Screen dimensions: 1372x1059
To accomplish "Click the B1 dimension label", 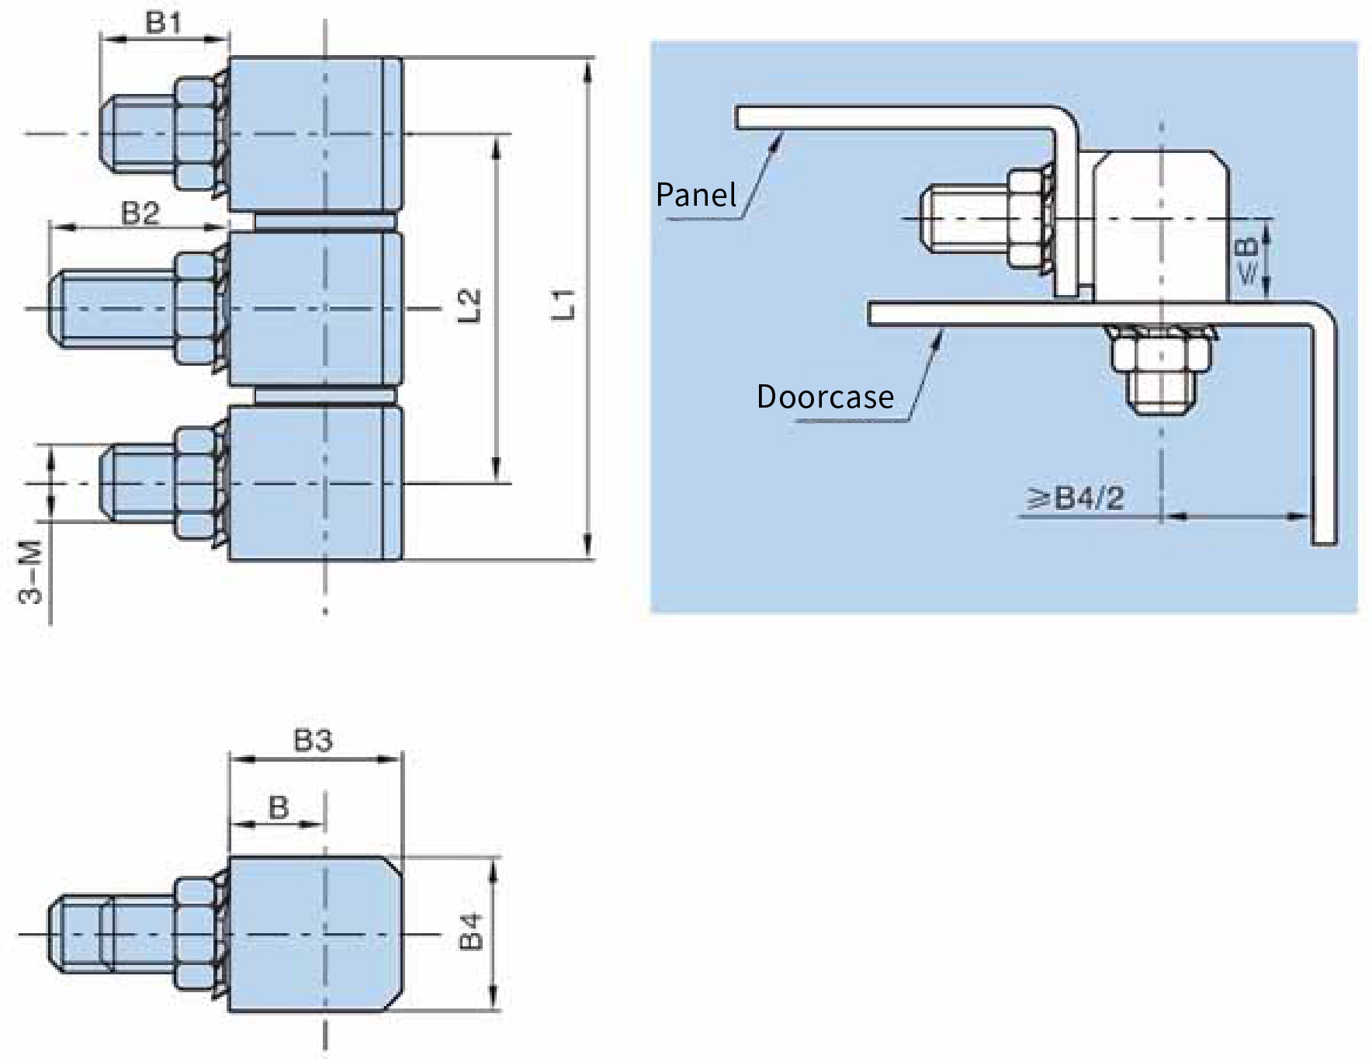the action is [163, 23].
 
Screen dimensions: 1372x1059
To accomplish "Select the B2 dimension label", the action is [140, 213].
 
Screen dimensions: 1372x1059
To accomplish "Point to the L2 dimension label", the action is [469, 305].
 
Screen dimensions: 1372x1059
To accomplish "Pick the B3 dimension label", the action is [313, 741].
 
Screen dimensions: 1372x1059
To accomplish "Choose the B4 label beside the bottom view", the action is [471, 932].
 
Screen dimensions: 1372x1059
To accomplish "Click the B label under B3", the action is [279, 808].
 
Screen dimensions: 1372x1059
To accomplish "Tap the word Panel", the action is [696, 194].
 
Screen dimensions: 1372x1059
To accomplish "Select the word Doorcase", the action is [825, 397].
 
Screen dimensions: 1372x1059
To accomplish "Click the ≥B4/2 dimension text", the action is [1076, 498].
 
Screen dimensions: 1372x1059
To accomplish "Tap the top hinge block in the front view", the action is [316, 134].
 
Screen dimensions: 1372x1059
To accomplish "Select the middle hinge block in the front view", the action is [316, 309].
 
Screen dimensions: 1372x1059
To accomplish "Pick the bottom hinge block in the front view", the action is [316, 483].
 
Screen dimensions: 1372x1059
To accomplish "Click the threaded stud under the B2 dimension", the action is [113, 309].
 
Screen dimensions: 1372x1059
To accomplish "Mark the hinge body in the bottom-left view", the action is [316, 933].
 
